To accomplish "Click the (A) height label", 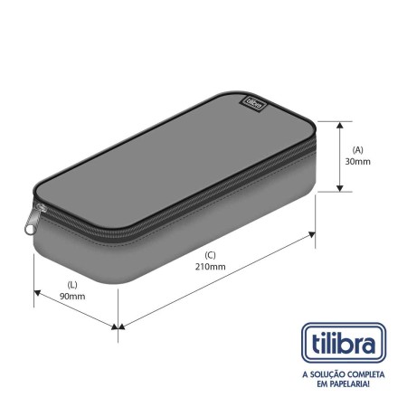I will pos(358,149).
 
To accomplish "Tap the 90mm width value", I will pos(72,296).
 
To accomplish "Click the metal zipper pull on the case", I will pos(34,219).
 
